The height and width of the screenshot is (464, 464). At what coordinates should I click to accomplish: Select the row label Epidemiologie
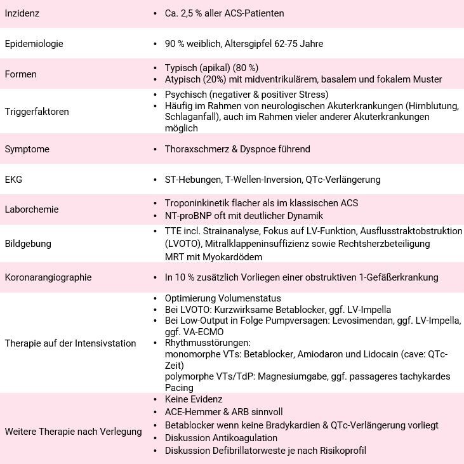[x=34, y=44]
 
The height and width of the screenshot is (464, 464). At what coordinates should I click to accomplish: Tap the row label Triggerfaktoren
[x=36, y=112]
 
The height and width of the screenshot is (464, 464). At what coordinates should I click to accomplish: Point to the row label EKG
[x=13, y=180]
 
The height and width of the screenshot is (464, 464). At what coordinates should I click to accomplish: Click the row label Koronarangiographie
[x=48, y=277]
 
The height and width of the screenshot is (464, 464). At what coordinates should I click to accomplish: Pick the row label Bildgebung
[x=28, y=243]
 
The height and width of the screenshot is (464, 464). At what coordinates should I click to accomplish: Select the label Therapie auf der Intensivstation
[x=70, y=343]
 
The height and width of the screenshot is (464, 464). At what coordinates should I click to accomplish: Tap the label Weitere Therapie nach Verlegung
[x=73, y=432]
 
